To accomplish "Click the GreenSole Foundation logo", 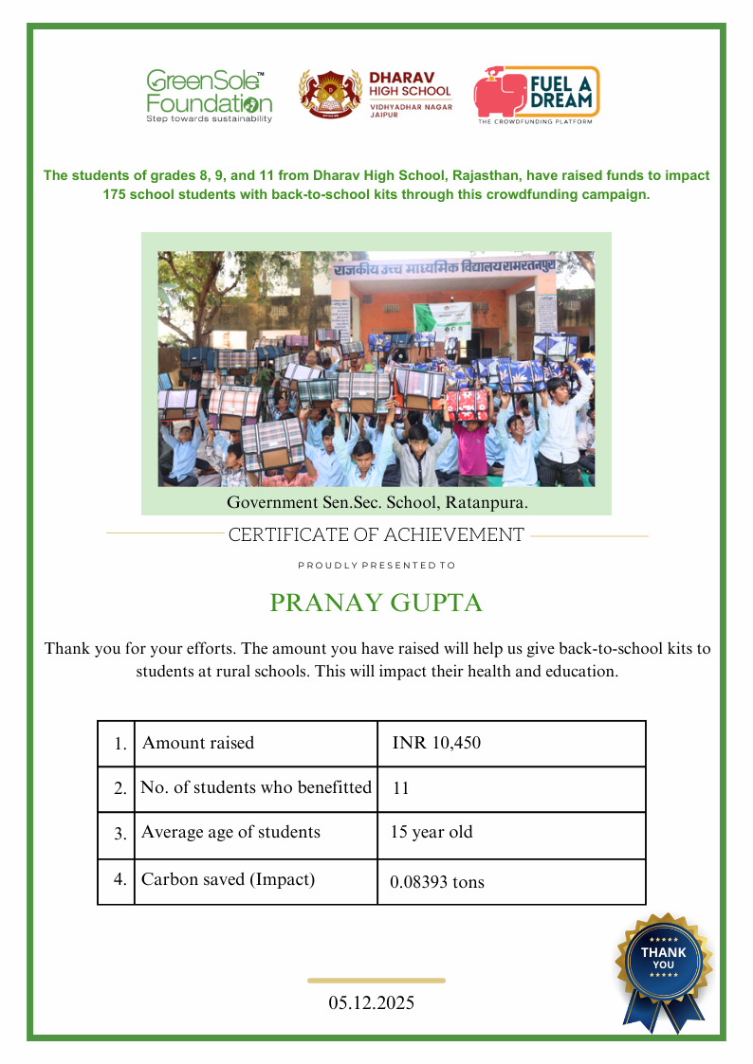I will point(209,96).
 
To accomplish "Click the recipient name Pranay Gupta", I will point(376,604).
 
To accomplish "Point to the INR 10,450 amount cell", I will point(436,743).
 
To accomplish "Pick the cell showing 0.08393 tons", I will point(437,882).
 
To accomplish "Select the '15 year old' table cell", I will point(432,833).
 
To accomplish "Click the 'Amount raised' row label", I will point(198,743).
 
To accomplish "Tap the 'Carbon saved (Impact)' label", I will point(228,879).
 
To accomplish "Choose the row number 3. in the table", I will point(120,835).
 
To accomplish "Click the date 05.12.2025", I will point(372,1002).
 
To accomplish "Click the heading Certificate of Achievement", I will point(376,535).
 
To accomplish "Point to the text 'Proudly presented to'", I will point(376,566).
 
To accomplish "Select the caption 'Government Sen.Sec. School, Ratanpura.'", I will point(376,502).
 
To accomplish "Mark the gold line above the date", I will point(376,981).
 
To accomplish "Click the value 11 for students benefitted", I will point(400,788).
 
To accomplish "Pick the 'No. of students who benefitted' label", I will point(256,787).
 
